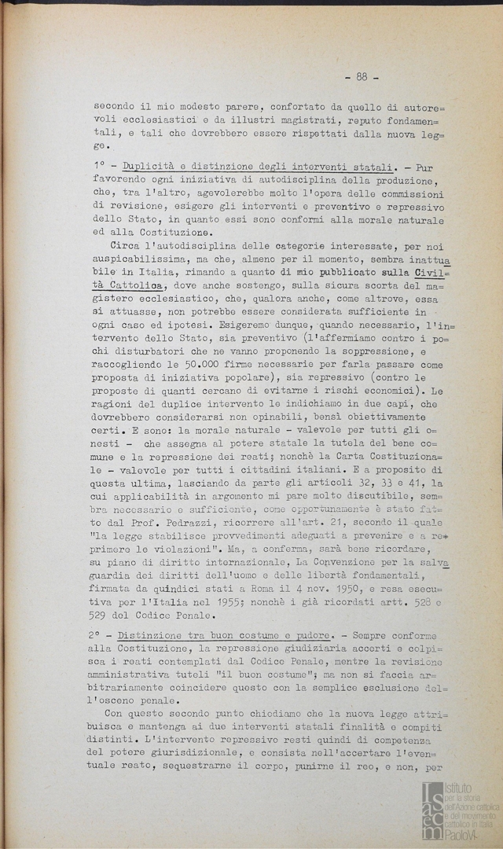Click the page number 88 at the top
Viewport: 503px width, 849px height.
[x=362, y=76]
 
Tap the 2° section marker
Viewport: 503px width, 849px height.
[x=101, y=634]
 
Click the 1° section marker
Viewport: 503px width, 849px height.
[x=101, y=169]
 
